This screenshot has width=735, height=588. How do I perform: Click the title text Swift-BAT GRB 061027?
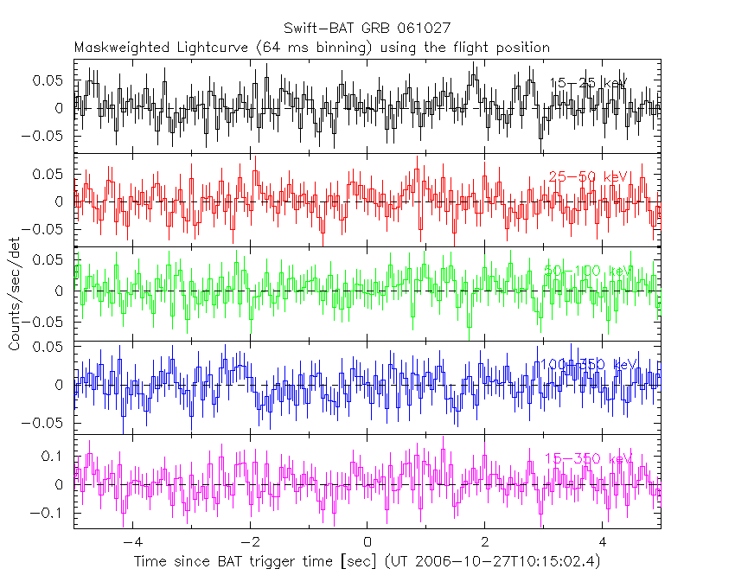pyautogui.click(x=367, y=29)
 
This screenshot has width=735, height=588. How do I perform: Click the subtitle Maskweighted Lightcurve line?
pyautogui.click(x=312, y=47)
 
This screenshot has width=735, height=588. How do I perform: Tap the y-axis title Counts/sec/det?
pyautogui.click(x=15, y=295)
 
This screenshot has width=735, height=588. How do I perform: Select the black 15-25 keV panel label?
pyautogui.click(x=588, y=83)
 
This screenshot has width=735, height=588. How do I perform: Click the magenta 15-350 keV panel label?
pyautogui.click(x=588, y=457)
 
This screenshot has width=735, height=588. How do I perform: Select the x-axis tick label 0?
pyautogui.click(x=367, y=542)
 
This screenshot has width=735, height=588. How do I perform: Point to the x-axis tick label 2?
pyautogui.click(x=485, y=542)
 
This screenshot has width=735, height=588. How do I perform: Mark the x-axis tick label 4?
pyautogui.click(x=603, y=542)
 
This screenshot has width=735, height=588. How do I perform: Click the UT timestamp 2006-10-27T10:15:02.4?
pyautogui.click(x=505, y=562)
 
